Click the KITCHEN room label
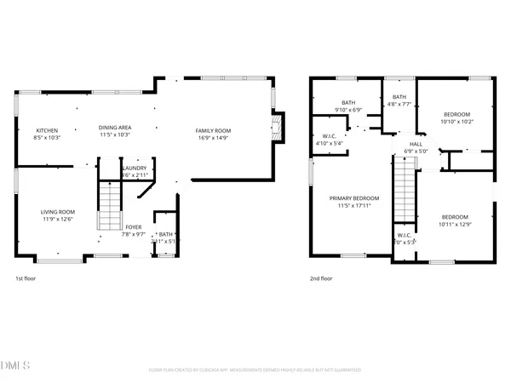(x=47, y=130)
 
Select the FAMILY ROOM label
(x=215, y=130)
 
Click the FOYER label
(x=134, y=227)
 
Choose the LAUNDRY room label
(x=135, y=168)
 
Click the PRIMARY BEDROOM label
(x=354, y=198)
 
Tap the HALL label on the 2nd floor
(x=416, y=145)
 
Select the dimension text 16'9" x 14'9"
(x=215, y=136)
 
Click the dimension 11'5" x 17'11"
(x=354, y=204)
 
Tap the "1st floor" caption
(x=26, y=278)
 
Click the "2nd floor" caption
(x=322, y=278)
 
